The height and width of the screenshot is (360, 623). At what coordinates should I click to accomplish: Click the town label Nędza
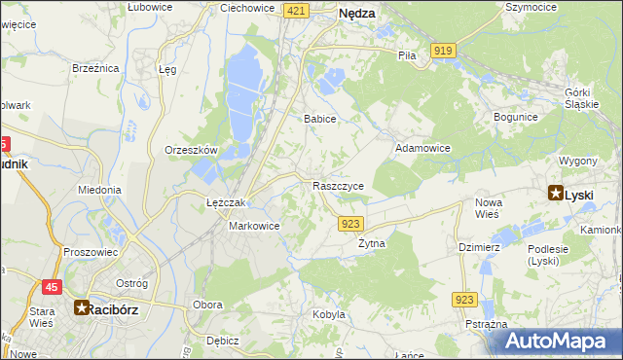coord(356,14)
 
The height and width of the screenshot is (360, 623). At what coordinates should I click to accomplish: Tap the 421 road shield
coord(298,10)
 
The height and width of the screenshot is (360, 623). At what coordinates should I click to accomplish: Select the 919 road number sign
coord(444,51)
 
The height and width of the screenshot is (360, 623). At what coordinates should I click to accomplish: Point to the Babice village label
coord(319,119)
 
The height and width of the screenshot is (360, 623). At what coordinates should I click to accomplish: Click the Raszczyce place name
coord(339,185)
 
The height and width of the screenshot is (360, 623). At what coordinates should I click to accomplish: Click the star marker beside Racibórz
coord(82,307)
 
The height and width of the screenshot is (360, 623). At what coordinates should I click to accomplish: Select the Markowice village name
coord(254,226)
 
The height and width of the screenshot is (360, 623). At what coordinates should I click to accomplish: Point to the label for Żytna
coord(372,243)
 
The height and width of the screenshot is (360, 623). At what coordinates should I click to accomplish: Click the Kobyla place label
coord(329,314)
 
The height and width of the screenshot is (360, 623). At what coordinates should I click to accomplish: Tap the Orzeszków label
coord(190,150)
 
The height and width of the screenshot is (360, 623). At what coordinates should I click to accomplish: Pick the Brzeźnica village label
coord(95,68)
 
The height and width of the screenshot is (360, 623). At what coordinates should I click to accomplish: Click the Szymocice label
coord(531,6)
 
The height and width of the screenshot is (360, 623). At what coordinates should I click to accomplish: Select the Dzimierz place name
coord(479,247)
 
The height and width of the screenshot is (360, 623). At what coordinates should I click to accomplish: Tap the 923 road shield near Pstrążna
coord(465,302)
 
